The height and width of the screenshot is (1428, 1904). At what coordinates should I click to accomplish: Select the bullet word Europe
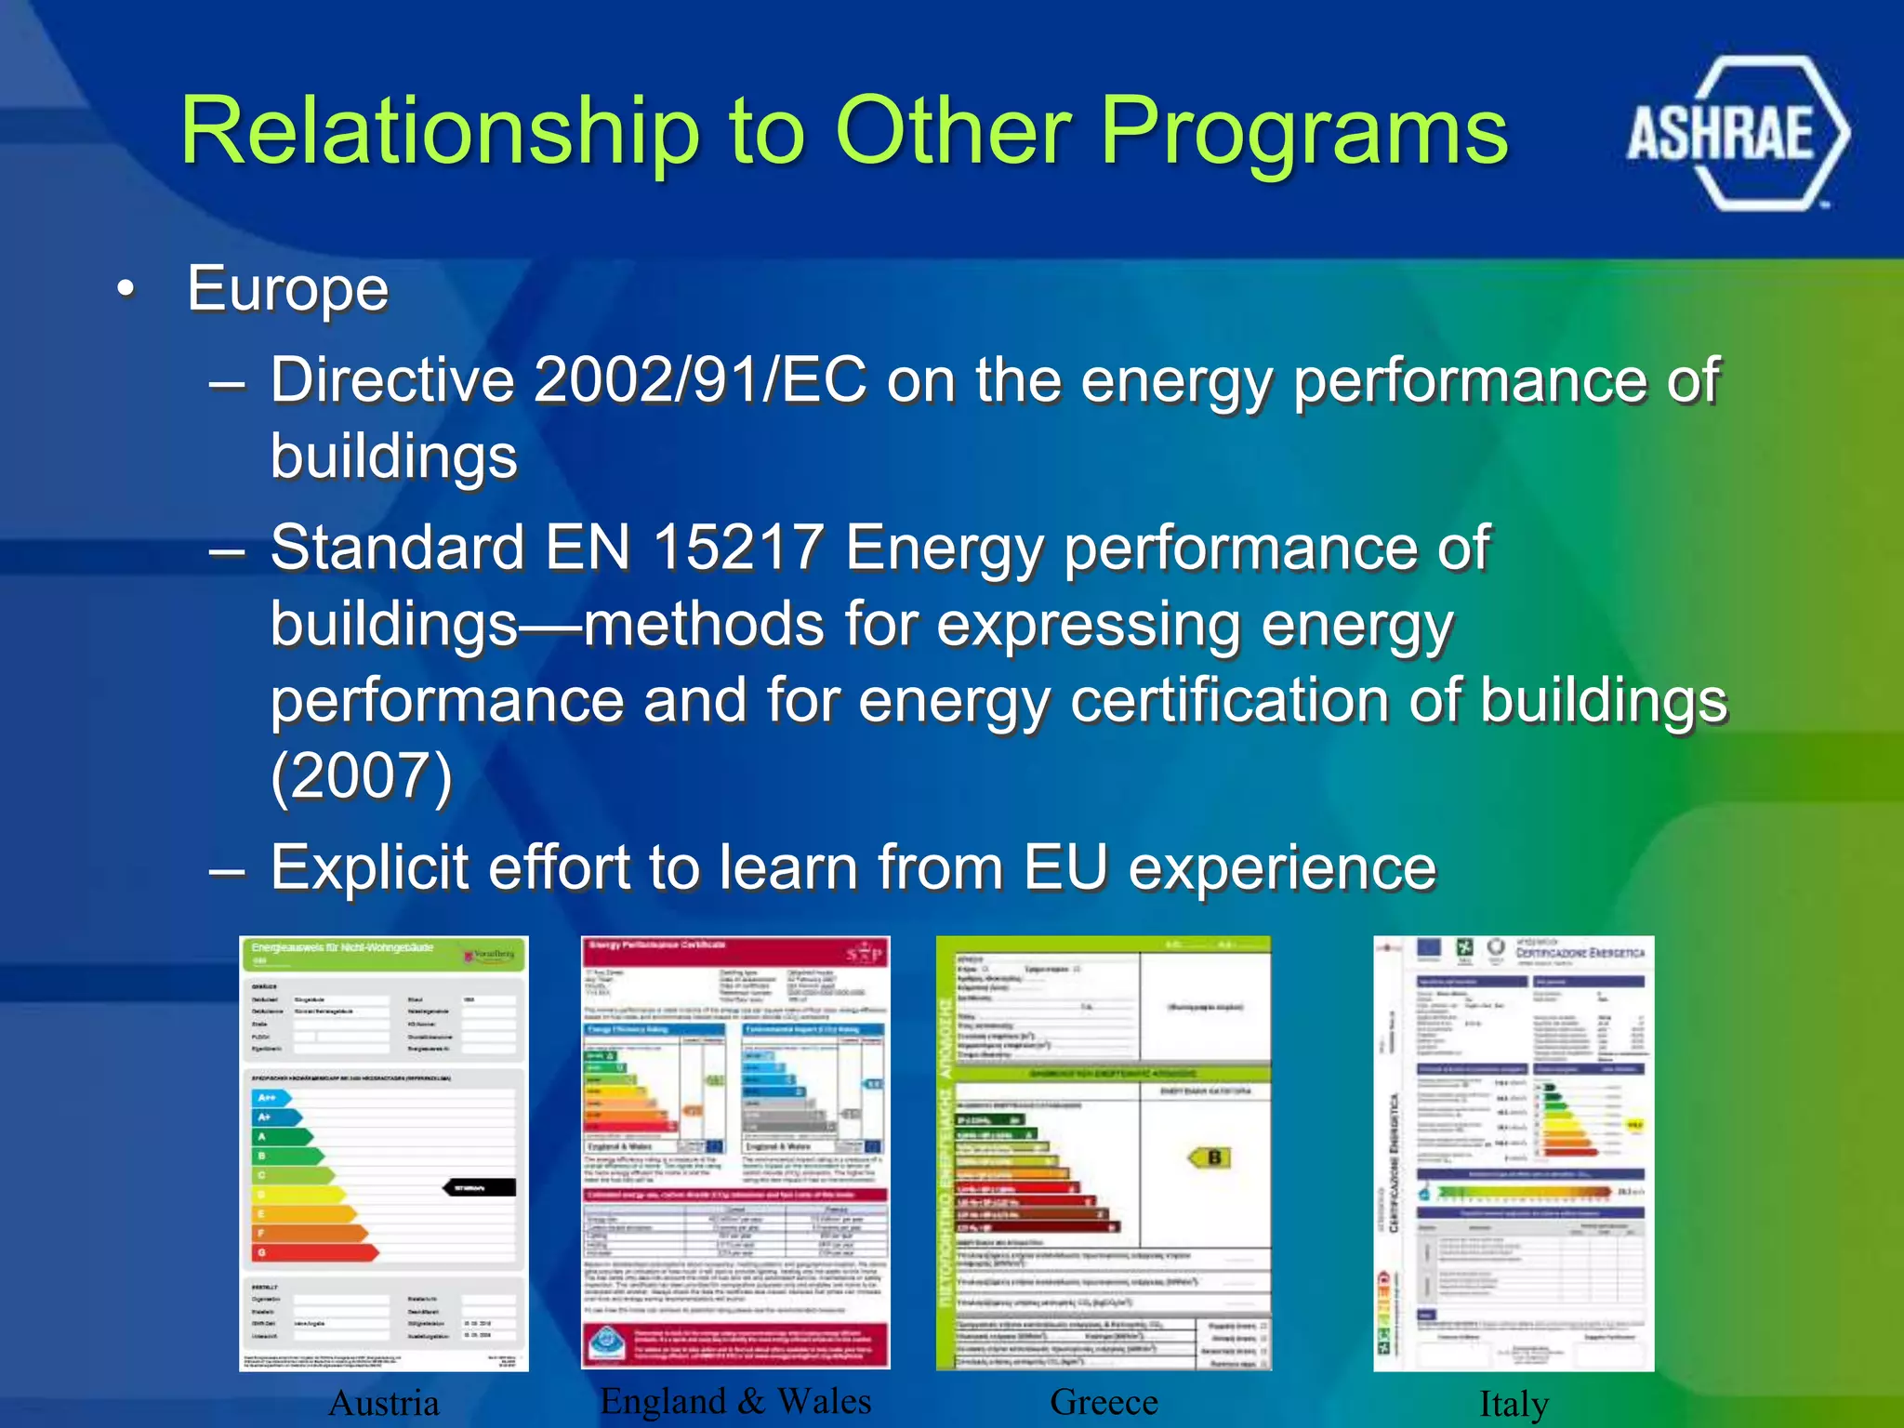tap(287, 288)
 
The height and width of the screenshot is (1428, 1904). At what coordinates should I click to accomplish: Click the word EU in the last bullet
tap(1065, 867)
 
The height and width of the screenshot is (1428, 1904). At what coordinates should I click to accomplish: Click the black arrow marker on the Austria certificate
tap(479, 1187)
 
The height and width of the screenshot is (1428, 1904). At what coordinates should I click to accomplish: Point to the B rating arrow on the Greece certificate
tap(1210, 1157)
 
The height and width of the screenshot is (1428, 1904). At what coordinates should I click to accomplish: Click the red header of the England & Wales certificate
tap(734, 949)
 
